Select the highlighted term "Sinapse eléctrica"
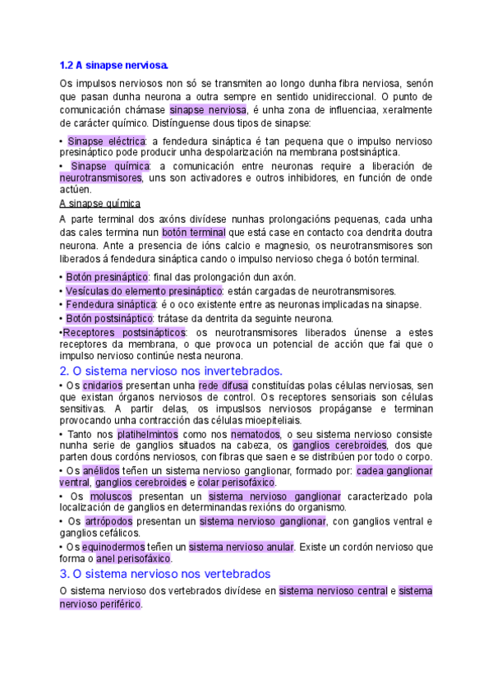click(106, 141)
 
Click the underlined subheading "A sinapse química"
click(100, 203)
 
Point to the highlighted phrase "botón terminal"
click(193, 233)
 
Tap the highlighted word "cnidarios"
click(102, 385)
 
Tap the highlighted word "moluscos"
click(110, 496)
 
